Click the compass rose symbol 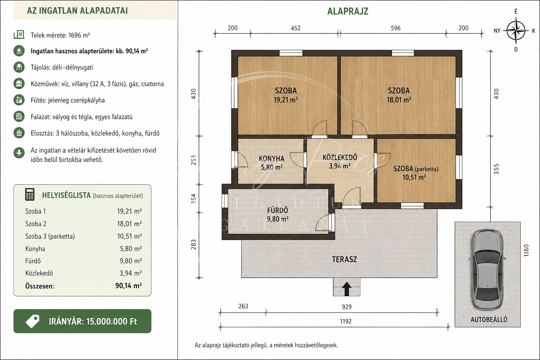[516, 31]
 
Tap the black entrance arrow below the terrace [347, 289]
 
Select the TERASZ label [344, 259]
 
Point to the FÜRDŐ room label [277, 210]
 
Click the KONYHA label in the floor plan [271, 159]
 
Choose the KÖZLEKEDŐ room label [340, 157]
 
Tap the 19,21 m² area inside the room [285, 99]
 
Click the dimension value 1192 [346, 321]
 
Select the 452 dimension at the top [296, 28]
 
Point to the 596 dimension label [396, 28]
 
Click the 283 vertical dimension [193, 244]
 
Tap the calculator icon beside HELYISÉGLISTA [30, 194]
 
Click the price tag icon [33, 321]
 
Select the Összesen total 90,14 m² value [128, 286]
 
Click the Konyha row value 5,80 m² [131, 248]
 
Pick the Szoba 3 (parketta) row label [50, 236]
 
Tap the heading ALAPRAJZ [348, 11]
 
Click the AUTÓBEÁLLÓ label [489, 320]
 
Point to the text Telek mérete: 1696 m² [60, 35]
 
